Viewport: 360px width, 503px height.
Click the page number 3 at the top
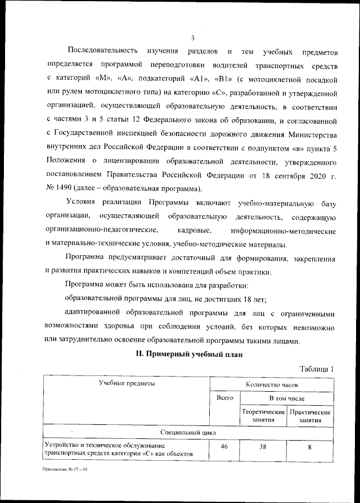point(192,38)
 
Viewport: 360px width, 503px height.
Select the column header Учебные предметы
point(126,383)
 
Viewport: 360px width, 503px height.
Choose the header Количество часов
point(272,385)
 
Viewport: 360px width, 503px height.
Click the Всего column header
point(224,398)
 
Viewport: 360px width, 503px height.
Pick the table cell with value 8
point(310,448)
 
